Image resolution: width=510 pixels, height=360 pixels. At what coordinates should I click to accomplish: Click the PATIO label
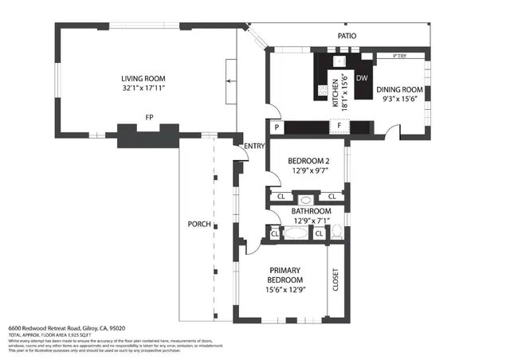347,36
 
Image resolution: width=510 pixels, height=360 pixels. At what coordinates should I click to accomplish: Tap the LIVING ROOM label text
143,78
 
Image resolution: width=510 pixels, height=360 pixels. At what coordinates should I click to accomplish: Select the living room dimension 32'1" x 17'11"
143,88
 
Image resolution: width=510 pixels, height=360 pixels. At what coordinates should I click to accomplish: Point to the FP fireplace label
149,118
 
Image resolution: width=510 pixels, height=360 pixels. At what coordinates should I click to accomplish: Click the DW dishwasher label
361,78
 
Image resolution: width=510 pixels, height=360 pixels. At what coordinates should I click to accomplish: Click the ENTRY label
253,146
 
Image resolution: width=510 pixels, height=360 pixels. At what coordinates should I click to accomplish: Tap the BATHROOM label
311,211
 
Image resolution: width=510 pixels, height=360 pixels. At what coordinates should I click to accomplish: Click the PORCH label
199,224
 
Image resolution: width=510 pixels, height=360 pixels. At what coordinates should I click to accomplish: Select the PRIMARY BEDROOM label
284,276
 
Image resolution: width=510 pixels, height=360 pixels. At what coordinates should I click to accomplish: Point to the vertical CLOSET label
335,280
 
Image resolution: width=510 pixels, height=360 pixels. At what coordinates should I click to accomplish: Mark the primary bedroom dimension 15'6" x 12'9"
284,290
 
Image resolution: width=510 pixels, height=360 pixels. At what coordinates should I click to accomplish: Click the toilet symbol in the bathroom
338,233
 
